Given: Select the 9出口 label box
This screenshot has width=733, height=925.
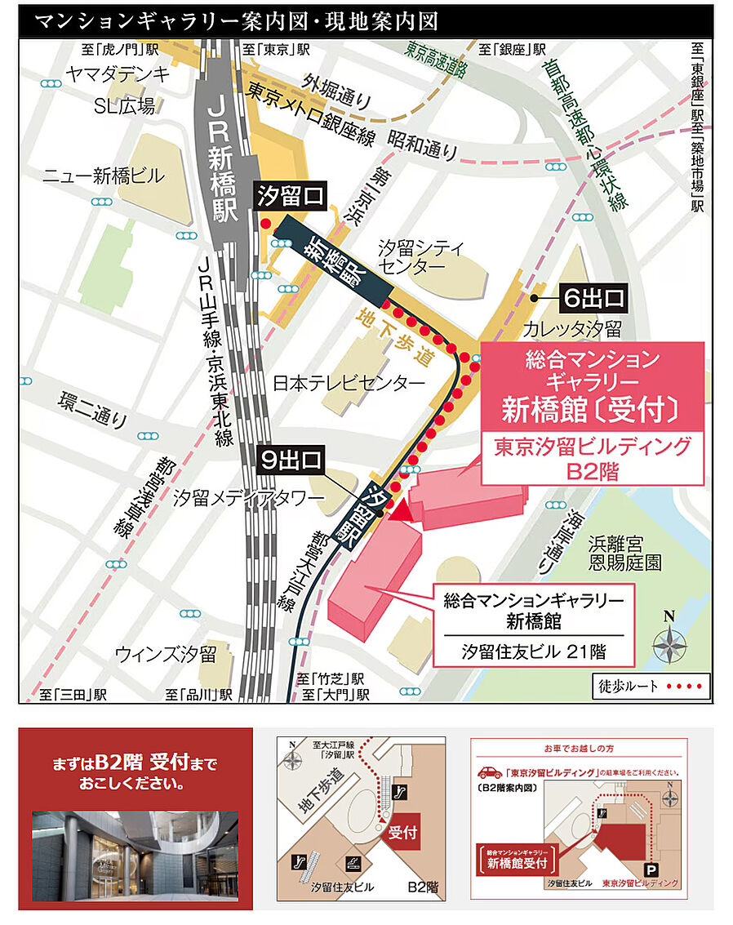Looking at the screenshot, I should click(291, 460).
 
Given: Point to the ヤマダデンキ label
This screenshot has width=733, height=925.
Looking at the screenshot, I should click(119, 75).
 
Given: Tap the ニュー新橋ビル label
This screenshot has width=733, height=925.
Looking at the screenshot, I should click(104, 176).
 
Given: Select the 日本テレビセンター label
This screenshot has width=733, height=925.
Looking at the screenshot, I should click(349, 383).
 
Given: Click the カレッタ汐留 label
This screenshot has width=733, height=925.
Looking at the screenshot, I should click(572, 329).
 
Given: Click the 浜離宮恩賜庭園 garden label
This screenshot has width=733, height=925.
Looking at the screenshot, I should click(626, 552).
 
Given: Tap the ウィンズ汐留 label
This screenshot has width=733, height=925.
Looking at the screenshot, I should click(165, 653).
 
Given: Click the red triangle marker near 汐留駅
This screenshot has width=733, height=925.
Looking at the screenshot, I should click(400, 511).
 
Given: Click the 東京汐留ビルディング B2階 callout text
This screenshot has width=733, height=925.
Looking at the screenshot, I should click(594, 459).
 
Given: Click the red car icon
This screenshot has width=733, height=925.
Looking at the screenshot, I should click(489, 772).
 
